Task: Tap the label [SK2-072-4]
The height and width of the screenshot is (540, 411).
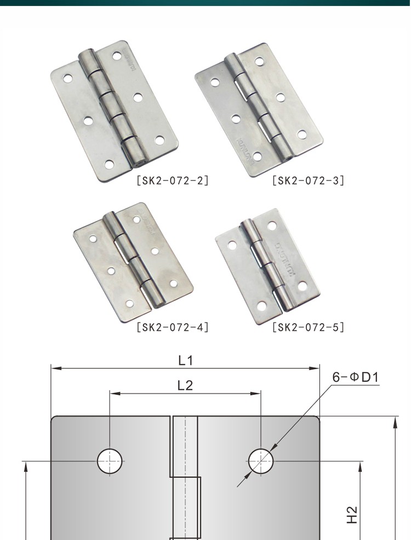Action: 172,328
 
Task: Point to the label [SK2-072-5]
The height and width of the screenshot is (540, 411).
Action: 308,328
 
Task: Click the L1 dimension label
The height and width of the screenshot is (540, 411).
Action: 185,360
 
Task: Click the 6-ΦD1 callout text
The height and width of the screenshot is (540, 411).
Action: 356,378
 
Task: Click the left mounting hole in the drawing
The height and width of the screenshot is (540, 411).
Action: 109,461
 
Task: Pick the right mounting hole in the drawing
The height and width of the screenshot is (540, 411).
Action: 260,461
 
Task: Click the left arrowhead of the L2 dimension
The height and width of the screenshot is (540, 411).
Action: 112,393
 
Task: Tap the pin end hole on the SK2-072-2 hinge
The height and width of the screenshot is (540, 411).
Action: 139,162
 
